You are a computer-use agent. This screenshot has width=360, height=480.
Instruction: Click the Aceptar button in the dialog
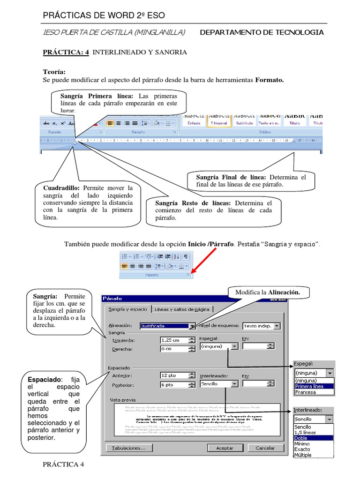click(x=225, y=448)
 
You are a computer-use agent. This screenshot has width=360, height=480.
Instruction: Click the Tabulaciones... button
click(x=129, y=448)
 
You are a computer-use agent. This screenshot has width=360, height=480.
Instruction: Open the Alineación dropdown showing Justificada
click(x=192, y=326)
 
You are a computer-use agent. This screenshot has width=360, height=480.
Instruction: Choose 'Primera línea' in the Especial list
click(x=314, y=386)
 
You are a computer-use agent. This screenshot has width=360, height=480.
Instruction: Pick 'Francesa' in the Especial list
click(x=306, y=392)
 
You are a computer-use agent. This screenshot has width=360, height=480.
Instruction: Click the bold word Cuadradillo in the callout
click(x=61, y=188)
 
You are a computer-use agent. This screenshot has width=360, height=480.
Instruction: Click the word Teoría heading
click(x=54, y=72)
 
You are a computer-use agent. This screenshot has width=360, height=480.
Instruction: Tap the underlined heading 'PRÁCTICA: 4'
click(x=66, y=52)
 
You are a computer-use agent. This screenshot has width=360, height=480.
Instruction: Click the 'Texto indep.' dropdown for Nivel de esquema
click(x=261, y=326)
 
